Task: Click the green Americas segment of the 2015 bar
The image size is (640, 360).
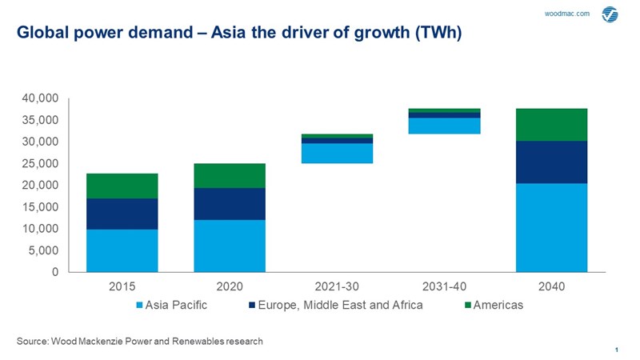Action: click(x=122, y=186)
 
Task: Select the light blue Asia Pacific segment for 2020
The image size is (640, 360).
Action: click(x=230, y=246)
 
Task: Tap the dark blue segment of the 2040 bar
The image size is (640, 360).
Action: click(x=551, y=162)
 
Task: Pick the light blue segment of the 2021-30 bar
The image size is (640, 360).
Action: click(x=337, y=153)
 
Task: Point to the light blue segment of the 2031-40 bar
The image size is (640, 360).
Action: click(x=444, y=126)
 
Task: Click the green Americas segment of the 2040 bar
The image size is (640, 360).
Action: click(x=551, y=124)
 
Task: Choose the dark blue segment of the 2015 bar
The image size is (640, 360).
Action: click(x=122, y=214)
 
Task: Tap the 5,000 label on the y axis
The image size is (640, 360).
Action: click(x=45, y=250)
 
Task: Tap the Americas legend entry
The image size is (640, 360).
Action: click(x=496, y=306)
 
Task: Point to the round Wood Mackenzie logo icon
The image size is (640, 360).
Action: click(x=610, y=14)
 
